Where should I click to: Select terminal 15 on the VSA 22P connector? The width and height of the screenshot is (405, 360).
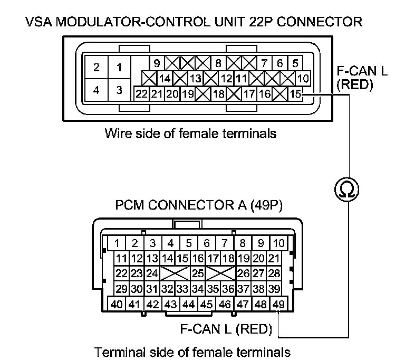coord(296,94)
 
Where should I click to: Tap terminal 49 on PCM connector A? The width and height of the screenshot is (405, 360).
coord(279,304)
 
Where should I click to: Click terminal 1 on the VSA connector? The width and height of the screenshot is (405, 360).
coord(119,68)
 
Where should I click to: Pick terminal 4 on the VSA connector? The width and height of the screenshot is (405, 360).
coord(96,90)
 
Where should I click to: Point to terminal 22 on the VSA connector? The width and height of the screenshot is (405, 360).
coord(141,94)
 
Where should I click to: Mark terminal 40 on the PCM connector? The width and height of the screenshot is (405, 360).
coord(117,304)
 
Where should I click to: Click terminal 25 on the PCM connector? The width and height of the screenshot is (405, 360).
coord(198,273)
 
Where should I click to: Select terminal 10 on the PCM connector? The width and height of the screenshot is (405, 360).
coord(279,243)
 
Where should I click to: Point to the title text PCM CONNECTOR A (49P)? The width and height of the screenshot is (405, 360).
coord(199,205)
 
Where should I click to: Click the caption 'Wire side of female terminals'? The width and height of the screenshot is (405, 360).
coord(190,133)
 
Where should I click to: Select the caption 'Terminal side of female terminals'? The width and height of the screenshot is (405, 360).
coord(192,351)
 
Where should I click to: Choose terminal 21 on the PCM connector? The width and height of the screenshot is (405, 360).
coord(273,259)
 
